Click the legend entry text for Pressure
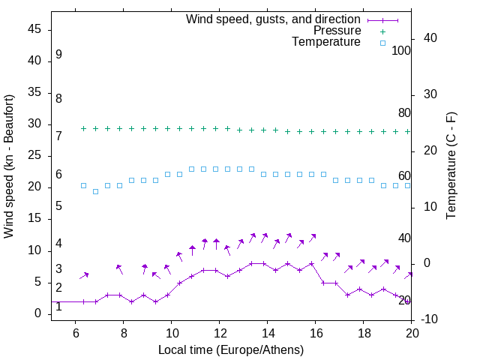point(337,31)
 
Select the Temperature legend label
point(326,42)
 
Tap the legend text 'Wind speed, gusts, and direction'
point(274,19)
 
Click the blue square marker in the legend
point(382,43)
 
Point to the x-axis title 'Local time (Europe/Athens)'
point(231,349)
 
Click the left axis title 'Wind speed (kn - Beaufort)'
point(9,166)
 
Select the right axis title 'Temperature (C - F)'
point(451,166)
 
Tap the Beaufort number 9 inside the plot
point(58,55)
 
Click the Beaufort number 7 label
point(58,136)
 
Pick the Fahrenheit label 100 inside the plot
point(401,51)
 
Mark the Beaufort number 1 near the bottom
point(58,307)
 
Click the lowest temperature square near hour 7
point(95,191)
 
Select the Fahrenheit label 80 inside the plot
point(404,113)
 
